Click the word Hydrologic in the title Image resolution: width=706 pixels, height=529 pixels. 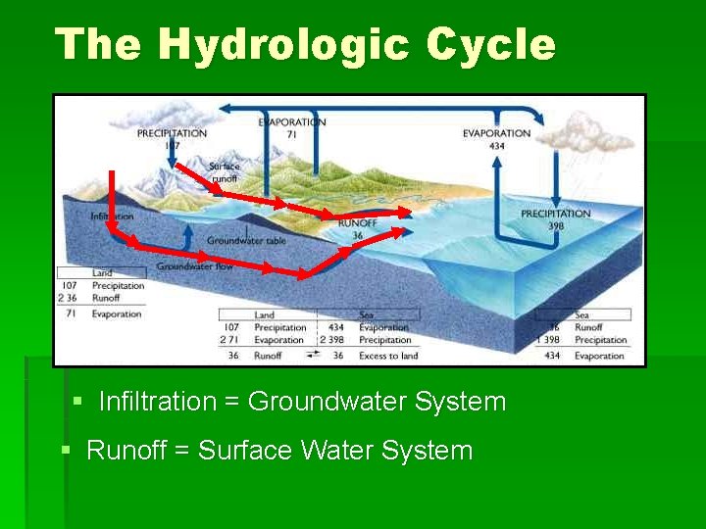283,45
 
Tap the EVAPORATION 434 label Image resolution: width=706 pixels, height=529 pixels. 496,139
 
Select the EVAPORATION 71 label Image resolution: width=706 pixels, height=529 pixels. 292,128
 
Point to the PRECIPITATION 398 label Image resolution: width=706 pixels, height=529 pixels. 555,218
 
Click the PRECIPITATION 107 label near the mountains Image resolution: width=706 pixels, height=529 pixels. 172,139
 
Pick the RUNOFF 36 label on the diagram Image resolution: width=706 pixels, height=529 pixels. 357,229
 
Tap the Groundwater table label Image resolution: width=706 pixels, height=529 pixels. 246,240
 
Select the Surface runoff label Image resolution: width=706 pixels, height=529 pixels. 224,172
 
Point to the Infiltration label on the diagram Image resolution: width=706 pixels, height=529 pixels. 112,216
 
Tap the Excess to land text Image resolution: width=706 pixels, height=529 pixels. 388,356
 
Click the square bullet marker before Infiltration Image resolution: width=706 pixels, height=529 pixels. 78,402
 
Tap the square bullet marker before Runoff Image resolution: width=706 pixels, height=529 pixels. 66,451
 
